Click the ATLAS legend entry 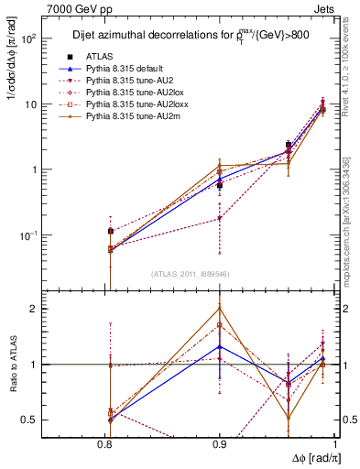coord(109,57)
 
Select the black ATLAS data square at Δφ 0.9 coord(220,185)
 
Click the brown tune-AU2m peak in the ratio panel coord(220,307)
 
